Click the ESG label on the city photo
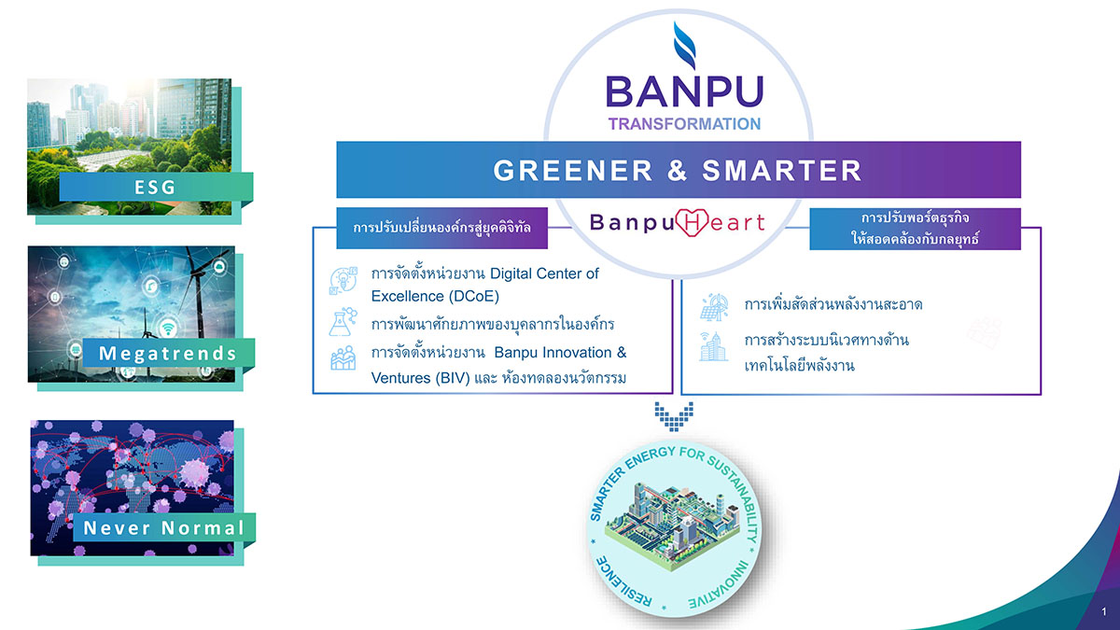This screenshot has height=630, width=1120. (156, 187)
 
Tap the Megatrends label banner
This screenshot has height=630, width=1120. (169, 353)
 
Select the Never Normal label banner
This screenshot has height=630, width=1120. (164, 527)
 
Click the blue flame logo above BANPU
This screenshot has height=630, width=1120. (684, 45)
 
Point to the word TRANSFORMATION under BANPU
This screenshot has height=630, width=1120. (684, 124)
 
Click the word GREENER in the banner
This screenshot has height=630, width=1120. (573, 171)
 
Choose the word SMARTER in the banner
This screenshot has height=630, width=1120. (782, 171)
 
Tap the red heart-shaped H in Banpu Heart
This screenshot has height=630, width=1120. (692, 222)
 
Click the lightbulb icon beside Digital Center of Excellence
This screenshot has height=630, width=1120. (343, 281)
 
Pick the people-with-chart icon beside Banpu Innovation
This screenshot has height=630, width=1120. (343, 358)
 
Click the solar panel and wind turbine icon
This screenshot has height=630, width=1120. (714, 307)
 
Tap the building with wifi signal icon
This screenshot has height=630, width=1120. (713, 346)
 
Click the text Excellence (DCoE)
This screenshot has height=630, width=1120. (435, 297)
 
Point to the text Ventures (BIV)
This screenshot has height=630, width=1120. (421, 378)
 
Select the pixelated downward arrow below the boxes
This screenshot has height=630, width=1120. (674, 416)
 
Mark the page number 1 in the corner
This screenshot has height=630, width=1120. (1104, 611)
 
